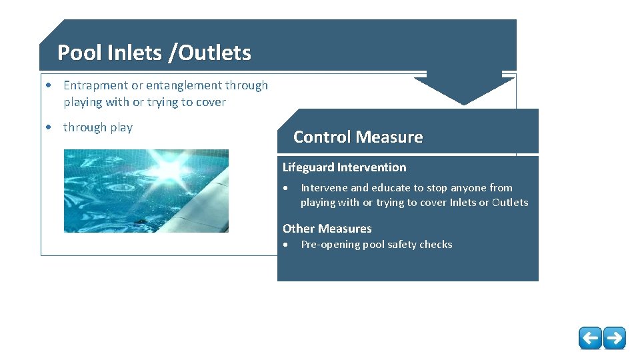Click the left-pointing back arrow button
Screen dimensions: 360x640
tap(590, 338)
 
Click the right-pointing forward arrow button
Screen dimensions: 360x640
tap(615, 338)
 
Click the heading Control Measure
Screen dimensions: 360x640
tap(358, 137)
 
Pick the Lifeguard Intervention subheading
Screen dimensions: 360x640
tap(344, 167)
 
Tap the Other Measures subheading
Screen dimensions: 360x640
tap(327, 229)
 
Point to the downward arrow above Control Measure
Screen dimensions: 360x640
tap(465, 87)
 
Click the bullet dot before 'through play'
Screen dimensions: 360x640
tap(49, 127)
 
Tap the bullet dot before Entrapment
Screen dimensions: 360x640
tap(49, 85)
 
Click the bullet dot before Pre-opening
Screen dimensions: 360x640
tap(287, 245)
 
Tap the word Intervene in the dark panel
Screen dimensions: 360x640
tap(324, 188)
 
